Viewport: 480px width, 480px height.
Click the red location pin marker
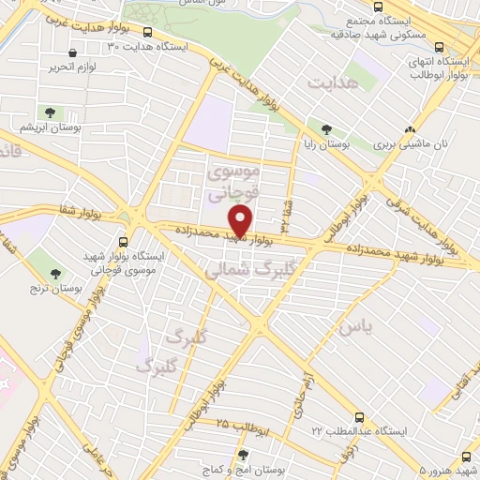[x=242, y=221]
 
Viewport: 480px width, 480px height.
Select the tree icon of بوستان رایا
[x=326, y=130]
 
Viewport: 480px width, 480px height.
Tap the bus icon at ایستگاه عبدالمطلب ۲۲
[x=360, y=417]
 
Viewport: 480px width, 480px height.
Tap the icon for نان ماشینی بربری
[x=408, y=130]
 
